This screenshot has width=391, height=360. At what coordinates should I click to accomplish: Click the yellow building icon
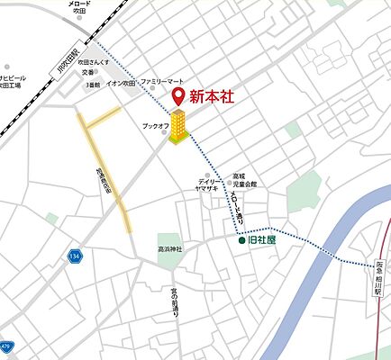[x=179, y=127]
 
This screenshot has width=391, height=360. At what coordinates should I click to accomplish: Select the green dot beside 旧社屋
[x=241, y=241]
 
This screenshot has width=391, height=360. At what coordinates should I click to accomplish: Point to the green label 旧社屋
[x=262, y=241]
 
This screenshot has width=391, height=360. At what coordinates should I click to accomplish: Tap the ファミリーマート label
[x=166, y=79]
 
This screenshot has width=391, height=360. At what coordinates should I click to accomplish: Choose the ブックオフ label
[x=156, y=127]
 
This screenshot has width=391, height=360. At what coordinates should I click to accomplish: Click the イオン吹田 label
[x=121, y=84]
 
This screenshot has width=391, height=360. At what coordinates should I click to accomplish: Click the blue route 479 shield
[x=6, y=346]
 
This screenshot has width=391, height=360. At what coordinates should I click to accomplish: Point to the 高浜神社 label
[x=170, y=248]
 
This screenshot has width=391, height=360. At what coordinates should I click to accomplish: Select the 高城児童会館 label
[x=244, y=180]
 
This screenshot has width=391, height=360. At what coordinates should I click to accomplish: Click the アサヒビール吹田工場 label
[x=13, y=83]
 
